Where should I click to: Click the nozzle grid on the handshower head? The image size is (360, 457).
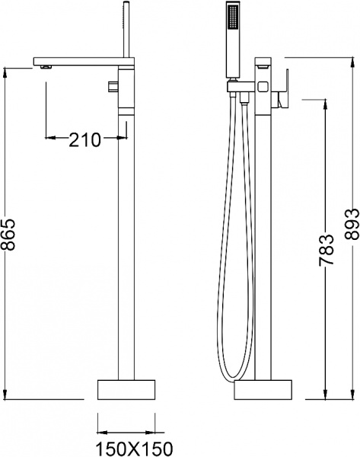point(233,14)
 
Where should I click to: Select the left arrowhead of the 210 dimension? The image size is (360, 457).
point(51,139)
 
